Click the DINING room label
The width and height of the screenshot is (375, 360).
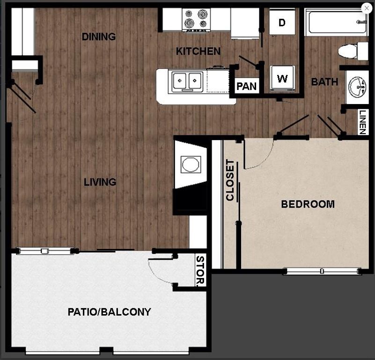(99, 37)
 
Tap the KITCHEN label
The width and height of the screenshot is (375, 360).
(198, 51)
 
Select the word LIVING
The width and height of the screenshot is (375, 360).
(100, 182)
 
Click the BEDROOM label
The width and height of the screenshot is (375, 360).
(308, 204)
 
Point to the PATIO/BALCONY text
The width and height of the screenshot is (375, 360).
(109, 312)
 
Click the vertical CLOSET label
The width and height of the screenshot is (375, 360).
(230, 180)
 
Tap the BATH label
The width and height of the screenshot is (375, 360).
(324, 82)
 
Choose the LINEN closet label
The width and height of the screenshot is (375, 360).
(363, 122)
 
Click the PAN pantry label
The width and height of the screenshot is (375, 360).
(246, 86)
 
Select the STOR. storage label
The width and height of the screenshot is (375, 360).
(200, 270)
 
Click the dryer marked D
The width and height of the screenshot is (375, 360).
(282, 23)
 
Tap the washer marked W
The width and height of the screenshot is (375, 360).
(282, 78)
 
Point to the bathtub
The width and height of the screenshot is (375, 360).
(337, 22)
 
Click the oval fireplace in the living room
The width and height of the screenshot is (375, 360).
(191, 165)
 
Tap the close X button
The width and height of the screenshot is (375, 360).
(367, 7)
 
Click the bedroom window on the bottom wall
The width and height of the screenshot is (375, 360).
(322, 271)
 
